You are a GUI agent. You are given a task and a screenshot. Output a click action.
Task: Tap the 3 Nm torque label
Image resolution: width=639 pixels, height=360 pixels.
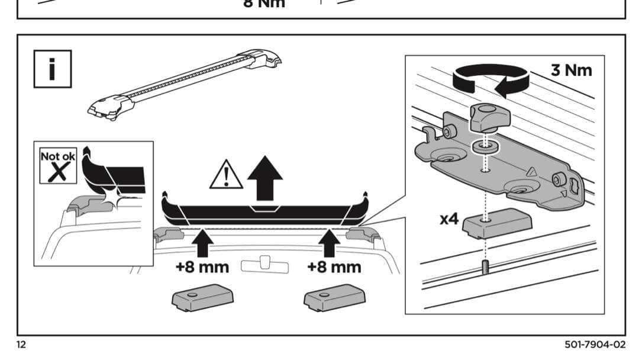571,70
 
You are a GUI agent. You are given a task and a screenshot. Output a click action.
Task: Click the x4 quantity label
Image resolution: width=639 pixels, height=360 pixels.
449,219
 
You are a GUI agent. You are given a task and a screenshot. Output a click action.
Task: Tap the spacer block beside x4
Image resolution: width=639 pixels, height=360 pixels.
497,223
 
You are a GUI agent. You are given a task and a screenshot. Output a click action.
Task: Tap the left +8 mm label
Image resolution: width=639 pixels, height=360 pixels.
202,266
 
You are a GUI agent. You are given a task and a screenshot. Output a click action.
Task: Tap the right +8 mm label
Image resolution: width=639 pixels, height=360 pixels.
334,266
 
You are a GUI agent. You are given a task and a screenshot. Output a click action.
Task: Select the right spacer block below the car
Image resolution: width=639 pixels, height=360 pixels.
335,297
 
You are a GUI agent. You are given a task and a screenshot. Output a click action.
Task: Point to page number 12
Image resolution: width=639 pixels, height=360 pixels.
21,345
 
